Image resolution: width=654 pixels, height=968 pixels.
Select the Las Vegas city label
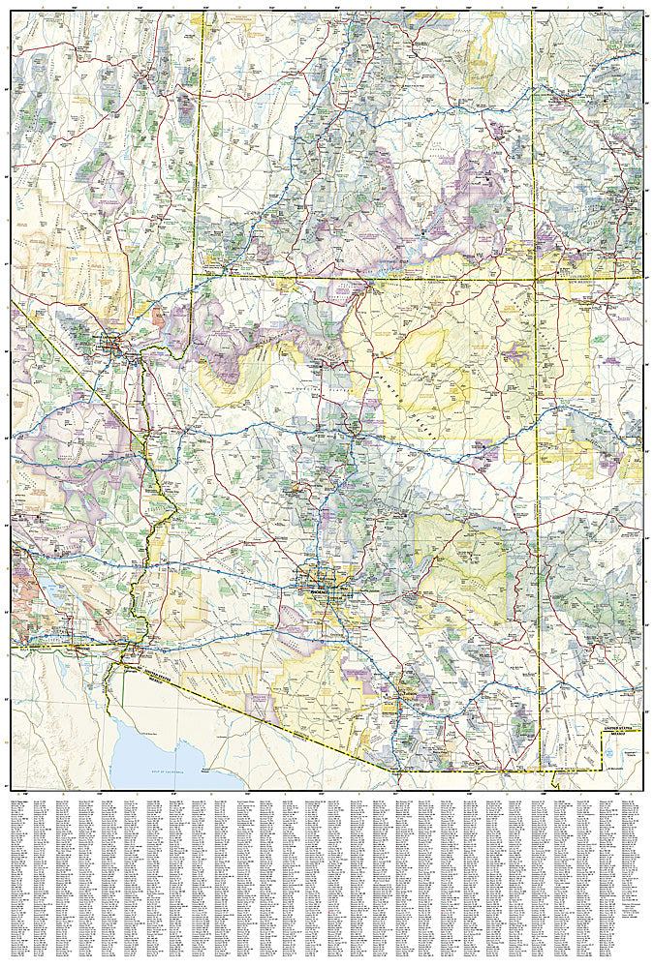(113, 340)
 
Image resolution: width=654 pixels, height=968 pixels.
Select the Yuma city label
(128, 655)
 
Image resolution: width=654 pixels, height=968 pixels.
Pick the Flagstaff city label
(351, 426)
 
